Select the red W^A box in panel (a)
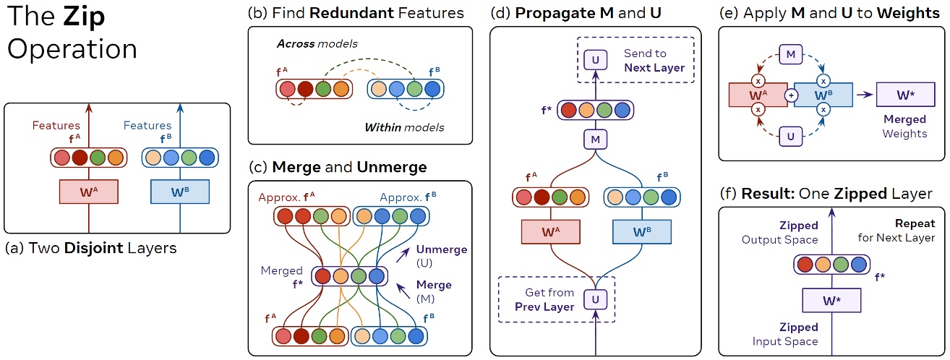pos(88,191)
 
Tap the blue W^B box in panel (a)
pos(179,191)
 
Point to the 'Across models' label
pos(306,44)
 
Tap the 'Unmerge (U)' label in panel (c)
pos(441,254)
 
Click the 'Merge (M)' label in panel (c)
pos(434,291)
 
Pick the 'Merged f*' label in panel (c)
pos(282,276)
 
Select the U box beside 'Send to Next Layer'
pos(594,59)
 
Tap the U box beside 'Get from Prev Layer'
pos(594,298)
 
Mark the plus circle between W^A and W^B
pos(791,95)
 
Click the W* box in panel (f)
pos(831,299)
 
